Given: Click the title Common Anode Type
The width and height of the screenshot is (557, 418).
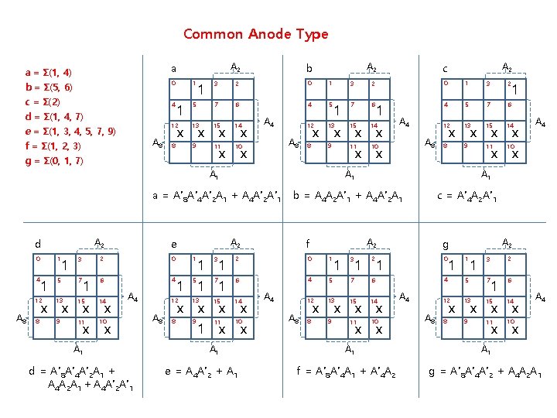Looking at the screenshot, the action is tap(255, 34).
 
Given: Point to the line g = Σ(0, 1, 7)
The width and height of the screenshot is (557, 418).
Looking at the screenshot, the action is tap(56, 161).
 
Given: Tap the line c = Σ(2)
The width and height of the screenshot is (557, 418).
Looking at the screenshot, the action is tap(46, 101).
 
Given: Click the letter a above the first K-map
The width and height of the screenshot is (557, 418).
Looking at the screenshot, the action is tap(173, 68).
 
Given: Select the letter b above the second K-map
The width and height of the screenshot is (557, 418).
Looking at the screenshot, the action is tap(309, 68).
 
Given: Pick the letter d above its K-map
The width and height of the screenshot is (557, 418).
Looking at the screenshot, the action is tap(38, 244).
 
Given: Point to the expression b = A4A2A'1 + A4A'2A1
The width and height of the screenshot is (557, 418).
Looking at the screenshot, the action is tap(348, 196).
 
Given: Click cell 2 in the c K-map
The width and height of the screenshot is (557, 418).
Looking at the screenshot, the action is tap(511, 87).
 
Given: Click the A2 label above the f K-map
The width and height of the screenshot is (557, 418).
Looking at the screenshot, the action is tap(371, 242).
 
